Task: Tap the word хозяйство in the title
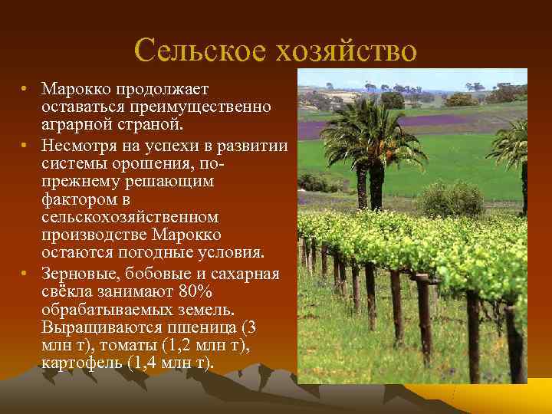coord(344,51)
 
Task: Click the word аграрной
coord(75,123)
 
